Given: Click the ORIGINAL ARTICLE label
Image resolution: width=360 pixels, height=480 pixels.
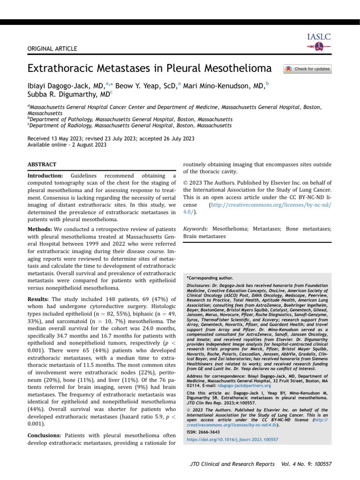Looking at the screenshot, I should click(48, 49).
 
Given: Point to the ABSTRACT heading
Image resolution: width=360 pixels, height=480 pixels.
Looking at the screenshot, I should click(42, 165).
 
